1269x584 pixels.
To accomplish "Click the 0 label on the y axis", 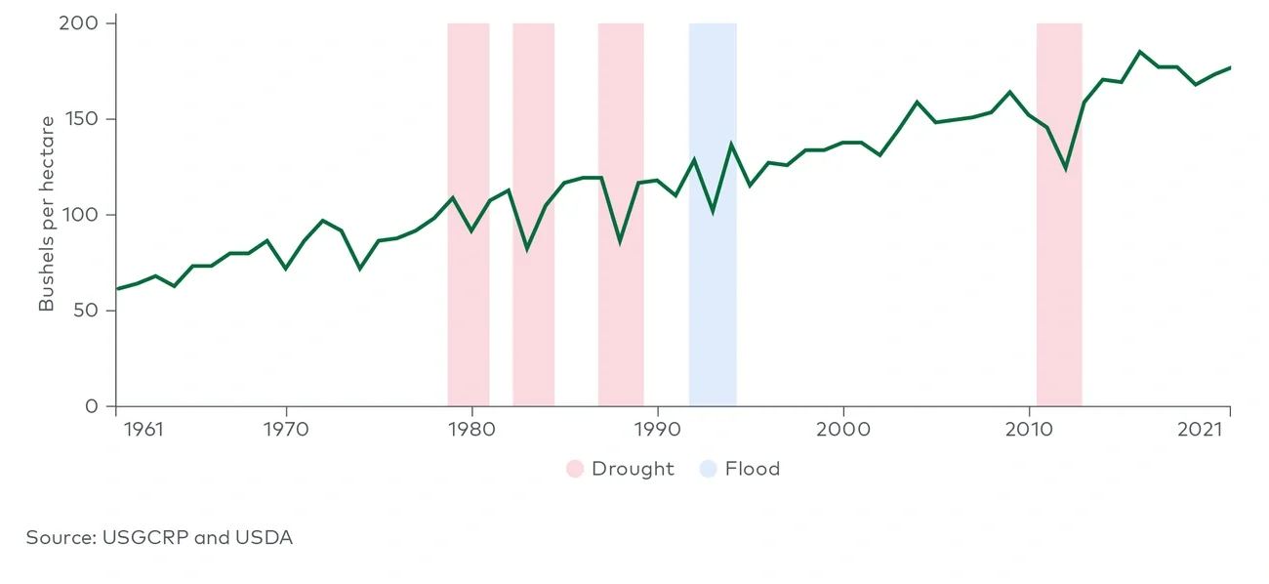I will (92, 406).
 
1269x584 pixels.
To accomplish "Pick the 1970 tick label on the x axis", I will (285, 429).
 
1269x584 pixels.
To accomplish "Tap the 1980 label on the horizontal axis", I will (471, 429).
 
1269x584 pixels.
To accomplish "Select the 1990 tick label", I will (657, 429).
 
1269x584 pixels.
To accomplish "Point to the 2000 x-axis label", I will (842, 429).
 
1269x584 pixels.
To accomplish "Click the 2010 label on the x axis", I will (1029, 429).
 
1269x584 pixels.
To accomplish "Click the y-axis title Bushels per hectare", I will (47, 214).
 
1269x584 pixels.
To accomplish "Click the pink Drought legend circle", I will (575, 469).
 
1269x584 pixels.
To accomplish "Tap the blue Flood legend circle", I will (709, 469).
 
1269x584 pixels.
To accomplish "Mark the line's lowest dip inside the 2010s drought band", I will (1066, 168).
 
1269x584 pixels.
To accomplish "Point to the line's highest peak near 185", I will (1139, 52).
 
